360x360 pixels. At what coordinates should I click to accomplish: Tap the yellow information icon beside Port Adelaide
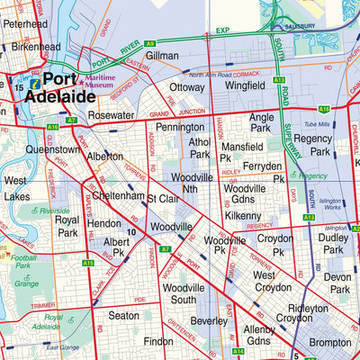[34, 82]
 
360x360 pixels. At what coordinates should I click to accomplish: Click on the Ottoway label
[187, 87]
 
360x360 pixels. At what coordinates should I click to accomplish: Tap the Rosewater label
[112, 115]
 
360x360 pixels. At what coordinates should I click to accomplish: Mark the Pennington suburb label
[180, 128]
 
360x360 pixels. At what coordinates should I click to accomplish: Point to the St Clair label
[164, 198]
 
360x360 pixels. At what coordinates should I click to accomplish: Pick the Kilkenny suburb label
[242, 217]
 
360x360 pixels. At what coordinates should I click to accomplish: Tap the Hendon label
[104, 222]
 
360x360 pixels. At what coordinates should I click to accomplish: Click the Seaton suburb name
[123, 316]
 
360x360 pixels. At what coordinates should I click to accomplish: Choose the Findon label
[157, 342]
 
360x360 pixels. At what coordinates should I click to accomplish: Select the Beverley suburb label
[209, 320]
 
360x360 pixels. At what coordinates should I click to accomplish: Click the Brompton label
[331, 343]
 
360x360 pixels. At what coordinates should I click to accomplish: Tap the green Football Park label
[22, 262]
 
